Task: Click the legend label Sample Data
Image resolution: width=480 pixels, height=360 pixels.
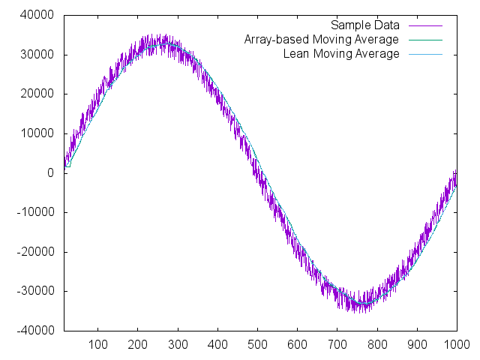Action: tap(364, 25)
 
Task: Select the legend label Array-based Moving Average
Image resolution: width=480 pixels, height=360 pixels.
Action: tap(322, 40)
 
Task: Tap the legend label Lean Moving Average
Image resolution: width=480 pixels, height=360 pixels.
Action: tap(341, 54)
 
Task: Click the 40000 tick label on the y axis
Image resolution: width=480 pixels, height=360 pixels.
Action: tap(37, 15)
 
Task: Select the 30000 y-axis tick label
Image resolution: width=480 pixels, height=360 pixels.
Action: tap(37, 55)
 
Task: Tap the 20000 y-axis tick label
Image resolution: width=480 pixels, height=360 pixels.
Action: tap(37, 94)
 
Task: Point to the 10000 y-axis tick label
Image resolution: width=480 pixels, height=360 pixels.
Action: tap(37, 133)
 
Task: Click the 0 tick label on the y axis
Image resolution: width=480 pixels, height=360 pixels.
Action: tap(50, 172)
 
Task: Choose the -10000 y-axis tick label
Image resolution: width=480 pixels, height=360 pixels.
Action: tap(35, 212)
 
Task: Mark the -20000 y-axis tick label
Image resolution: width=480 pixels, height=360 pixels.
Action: tap(35, 251)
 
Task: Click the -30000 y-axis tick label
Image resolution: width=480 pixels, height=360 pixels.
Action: tap(35, 291)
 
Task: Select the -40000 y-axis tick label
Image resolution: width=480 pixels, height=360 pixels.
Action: tap(35, 330)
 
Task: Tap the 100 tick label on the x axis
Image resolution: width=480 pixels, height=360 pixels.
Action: tap(98, 345)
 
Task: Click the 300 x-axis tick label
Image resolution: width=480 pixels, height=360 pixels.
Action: tap(178, 345)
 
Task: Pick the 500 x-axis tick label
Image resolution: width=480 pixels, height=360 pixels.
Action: tap(257, 345)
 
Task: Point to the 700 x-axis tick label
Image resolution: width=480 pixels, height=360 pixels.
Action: tap(337, 345)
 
